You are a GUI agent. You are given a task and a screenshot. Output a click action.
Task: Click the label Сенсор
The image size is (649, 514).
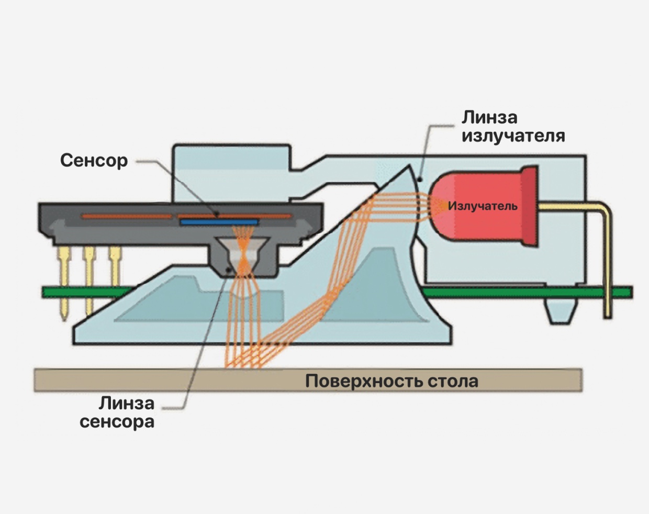[94, 160]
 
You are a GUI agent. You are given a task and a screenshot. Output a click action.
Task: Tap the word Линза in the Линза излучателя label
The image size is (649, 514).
[489, 117]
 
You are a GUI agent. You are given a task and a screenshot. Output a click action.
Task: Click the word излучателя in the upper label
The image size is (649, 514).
[513, 136]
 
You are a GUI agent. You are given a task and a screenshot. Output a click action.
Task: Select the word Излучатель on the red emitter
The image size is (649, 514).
[483, 206]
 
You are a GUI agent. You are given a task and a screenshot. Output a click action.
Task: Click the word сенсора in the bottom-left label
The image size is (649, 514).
[117, 421]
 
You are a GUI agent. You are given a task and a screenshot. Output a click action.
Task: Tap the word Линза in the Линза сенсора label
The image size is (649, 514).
[127, 403]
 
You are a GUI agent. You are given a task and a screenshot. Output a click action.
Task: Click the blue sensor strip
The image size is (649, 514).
[219, 222]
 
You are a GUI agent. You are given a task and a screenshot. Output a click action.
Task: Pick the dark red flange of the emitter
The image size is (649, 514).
[529, 206]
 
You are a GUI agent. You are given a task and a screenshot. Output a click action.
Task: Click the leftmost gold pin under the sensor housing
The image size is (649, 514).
[64, 283]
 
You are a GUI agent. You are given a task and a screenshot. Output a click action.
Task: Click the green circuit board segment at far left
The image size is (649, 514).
[52, 292]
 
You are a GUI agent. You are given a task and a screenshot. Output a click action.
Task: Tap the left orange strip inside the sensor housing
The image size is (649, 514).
[126, 216]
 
